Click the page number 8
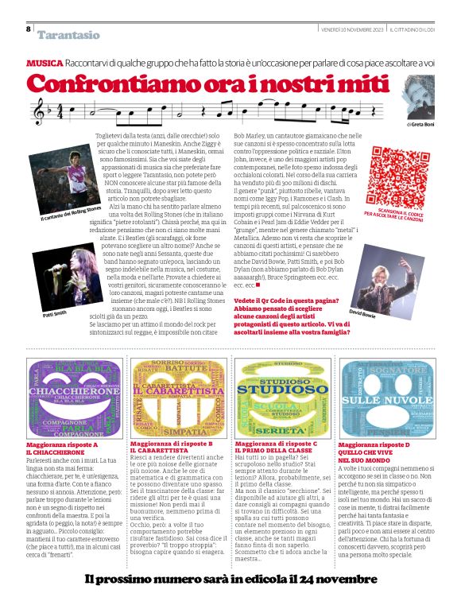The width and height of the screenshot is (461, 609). (x=29, y=29)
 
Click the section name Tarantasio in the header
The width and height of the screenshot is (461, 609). (x=68, y=34)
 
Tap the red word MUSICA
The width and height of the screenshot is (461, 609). (x=45, y=62)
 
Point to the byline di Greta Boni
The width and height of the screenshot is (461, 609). (x=420, y=125)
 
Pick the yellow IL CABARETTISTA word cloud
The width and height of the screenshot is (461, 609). (x=178, y=395)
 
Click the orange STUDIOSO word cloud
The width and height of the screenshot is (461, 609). (x=282, y=395)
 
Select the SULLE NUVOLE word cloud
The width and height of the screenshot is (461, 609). (x=387, y=395)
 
